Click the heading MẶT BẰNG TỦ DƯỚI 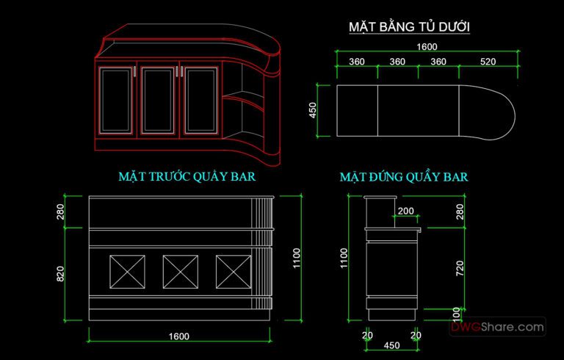click(409, 28)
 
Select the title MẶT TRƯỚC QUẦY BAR click(187, 177)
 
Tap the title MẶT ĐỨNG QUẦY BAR click(404, 177)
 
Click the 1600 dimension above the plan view click(427, 46)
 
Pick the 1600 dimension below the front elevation click(178, 336)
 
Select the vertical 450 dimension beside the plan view click(313, 110)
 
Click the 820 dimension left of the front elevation click(61, 273)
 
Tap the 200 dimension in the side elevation click(405, 212)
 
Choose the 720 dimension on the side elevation click(460, 267)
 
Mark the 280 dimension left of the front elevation click(61, 212)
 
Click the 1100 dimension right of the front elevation click(297, 257)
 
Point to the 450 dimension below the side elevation click(392, 345)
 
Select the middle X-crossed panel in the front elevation click(181, 272)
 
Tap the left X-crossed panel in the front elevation click(127, 272)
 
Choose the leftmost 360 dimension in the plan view click(357, 61)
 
